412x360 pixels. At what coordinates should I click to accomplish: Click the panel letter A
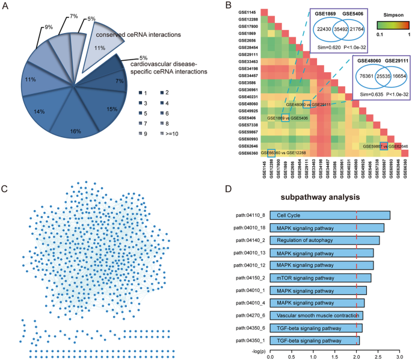click(x=7, y=7)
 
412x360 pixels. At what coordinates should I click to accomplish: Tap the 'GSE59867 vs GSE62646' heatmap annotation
click(x=386, y=146)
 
